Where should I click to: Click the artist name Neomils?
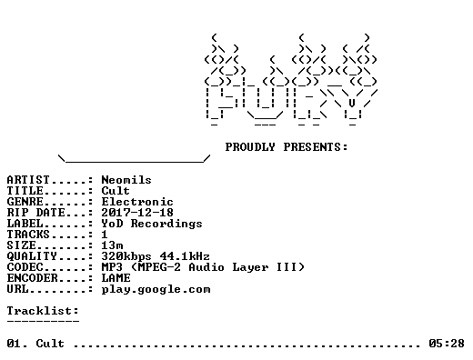(x=126, y=180)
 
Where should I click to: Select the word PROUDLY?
(x=250, y=147)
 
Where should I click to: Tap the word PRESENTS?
(x=316, y=147)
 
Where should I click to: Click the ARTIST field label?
(x=28, y=180)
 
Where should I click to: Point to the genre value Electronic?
(x=137, y=202)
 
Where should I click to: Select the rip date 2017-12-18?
(x=137, y=213)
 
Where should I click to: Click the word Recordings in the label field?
(x=166, y=224)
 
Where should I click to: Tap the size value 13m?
(x=112, y=245)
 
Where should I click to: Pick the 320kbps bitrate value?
(x=126, y=256)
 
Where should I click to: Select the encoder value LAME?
(x=116, y=278)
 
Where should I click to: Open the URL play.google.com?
(x=156, y=289)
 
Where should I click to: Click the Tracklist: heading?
(x=43, y=311)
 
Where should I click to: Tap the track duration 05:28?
(x=447, y=344)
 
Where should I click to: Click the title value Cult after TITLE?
(x=116, y=191)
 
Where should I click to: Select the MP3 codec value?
(x=112, y=267)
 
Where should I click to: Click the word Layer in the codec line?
(x=250, y=268)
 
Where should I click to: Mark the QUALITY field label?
(x=32, y=256)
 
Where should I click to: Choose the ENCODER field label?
(x=32, y=278)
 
